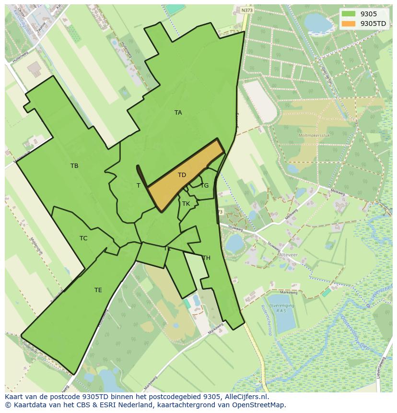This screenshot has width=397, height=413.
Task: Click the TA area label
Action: (x=178, y=113)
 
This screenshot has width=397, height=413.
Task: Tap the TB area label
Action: (x=74, y=166)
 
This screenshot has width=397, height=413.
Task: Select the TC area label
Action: (x=83, y=238)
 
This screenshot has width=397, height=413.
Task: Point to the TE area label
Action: (x=98, y=290)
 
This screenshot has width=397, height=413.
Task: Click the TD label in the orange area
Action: (x=182, y=175)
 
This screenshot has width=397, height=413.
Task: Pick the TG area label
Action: (x=204, y=186)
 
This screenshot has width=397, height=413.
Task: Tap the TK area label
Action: (x=186, y=204)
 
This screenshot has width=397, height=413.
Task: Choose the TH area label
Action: (x=206, y=258)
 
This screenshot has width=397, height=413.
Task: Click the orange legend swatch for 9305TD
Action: (x=349, y=24)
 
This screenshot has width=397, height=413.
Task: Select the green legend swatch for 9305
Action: (x=349, y=14)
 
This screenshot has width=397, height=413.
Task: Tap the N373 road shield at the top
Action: (x=247, y=10)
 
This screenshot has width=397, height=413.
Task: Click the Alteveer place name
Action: (x=288, y=256)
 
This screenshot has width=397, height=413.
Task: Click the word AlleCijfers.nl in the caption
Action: (x=246, y=397)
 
